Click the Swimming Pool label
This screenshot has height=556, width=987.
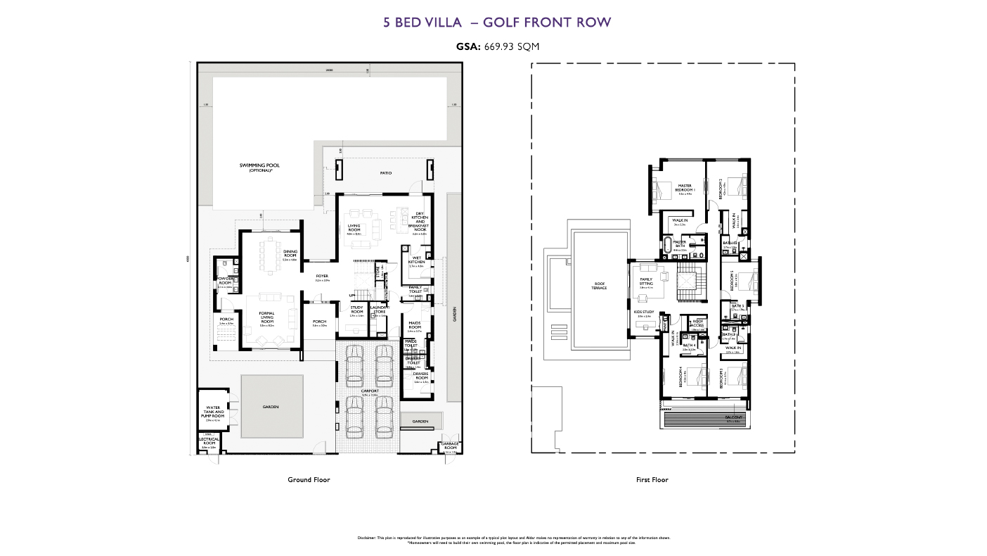click(x=259, y=167)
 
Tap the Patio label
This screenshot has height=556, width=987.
click(x=385, y=172)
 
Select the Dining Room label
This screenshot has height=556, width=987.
click(x=290, y=254)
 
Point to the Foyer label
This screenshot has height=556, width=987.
click(x=322, y=277)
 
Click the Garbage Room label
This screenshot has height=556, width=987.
click(x=450, y=446)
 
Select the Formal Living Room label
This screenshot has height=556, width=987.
click(x=266, y=317)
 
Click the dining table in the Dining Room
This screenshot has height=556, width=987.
click(x=270, y=255)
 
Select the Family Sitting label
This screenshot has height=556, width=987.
click(x=646, y=282)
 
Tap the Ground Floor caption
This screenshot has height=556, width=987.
click(x=309, y=479)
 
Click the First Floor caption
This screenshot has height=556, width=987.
click(x=652, y=479)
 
